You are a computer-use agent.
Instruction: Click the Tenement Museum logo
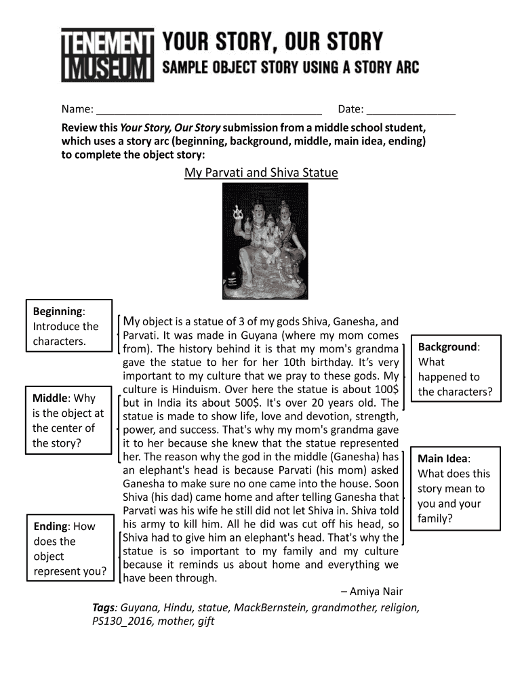click(x=107, y=55)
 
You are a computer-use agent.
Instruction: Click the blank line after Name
click(x=209, y=109)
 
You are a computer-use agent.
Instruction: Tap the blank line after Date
click(x=411, y=109)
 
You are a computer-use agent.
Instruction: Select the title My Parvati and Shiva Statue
click(x=261, y=173)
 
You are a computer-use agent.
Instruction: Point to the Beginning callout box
click(x=68, y=326)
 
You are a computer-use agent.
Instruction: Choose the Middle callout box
click(x=68, y=420)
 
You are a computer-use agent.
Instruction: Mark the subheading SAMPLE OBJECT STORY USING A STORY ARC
click(x=290, y=68)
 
